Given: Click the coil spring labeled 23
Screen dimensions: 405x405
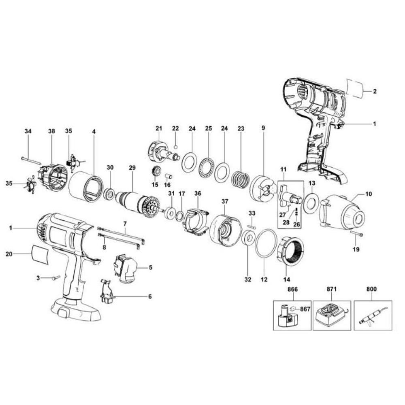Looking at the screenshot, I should (x=240, y=179).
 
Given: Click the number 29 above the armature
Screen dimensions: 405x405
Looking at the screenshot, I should (x=131, y=168).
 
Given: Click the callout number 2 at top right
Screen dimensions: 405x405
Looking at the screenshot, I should (x=375, y=92).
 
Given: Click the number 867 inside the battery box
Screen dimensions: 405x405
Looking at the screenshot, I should (x=305, y=309).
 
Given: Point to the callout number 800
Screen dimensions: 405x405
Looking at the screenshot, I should (x=371, y=289).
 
